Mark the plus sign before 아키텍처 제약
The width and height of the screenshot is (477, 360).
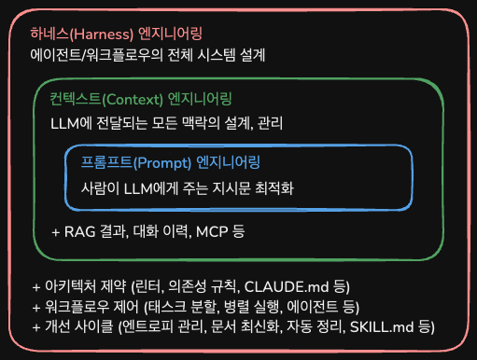point(36,284)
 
